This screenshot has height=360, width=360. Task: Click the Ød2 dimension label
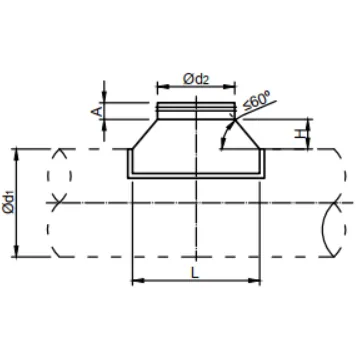point(196,79)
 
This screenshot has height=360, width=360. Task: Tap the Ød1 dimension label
point(8,203)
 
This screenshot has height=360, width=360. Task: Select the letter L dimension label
point(195,273)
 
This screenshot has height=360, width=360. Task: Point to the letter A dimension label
point(96,111)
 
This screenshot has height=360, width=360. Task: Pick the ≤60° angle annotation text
point(257,101)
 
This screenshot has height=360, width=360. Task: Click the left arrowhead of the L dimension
point(138,281)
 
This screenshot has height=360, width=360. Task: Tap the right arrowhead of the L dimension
point(254,281)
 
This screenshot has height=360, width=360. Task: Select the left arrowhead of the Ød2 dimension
point(163,87)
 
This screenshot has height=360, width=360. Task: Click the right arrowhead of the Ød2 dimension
point(229,87)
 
